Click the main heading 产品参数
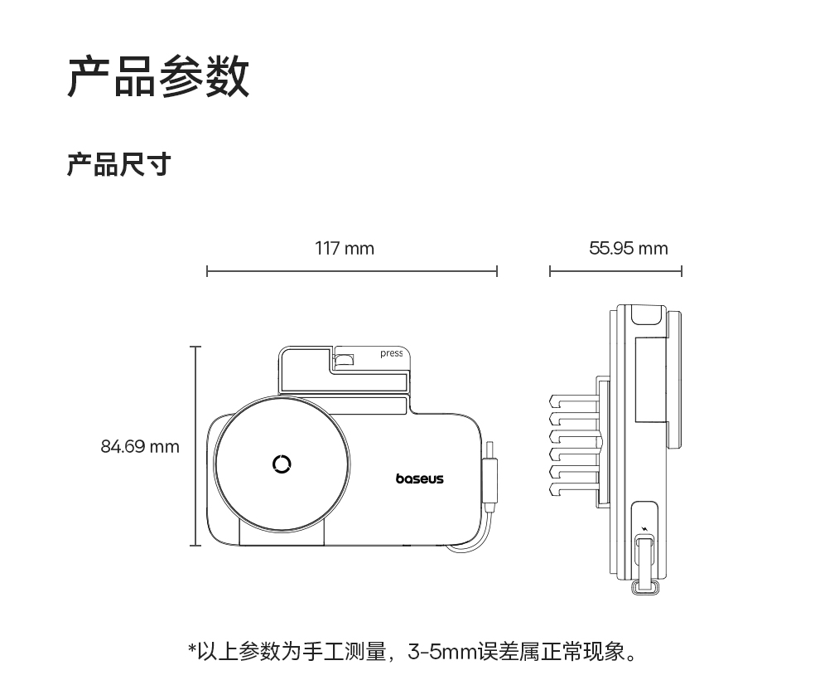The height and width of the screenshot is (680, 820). click(x=158, y=77)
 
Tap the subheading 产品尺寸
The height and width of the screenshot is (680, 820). click(x=118, y=164)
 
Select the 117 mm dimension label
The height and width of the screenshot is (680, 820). click(x=345, y=248)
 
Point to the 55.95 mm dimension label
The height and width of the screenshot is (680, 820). click(x=628, y=248)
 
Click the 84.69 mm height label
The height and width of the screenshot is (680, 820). click(x=140, y=447)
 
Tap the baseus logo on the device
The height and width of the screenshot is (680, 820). click(x=419, y=478)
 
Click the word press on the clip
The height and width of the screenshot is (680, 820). click(x=391, y=353)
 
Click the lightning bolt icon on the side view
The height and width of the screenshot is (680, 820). click(x=645, y=527)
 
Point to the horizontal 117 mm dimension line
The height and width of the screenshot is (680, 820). click(x=351, y=271)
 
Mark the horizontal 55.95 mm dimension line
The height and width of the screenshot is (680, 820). click(x=615, y=271)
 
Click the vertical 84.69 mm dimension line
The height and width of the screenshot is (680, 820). click(x=195, y=446)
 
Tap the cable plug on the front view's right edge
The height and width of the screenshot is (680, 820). click(x=490, y=480)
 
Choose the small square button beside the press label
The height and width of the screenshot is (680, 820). click(x=343, y=360)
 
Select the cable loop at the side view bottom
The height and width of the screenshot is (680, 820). click(x=644, y=587)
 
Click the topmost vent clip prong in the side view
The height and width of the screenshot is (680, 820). click(x=572, y=402)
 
